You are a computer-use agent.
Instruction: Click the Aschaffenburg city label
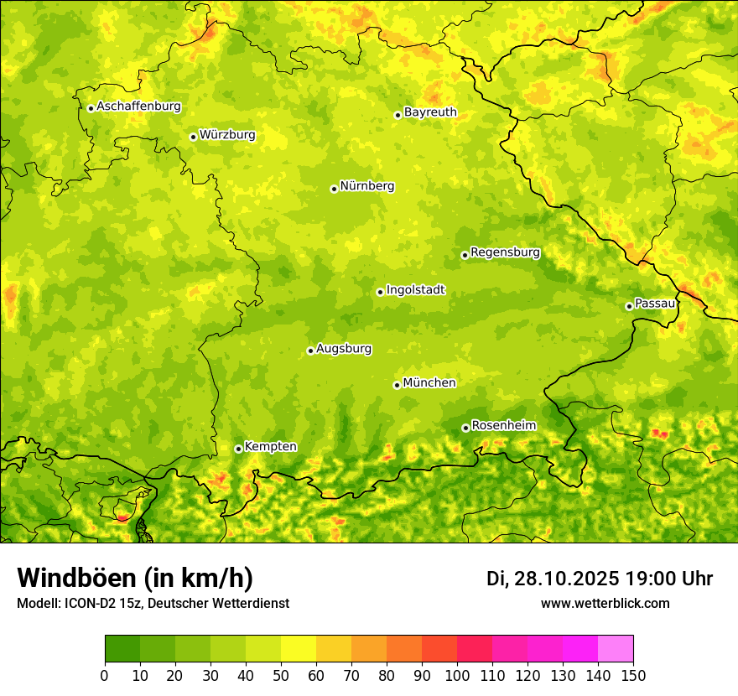click(138, 106)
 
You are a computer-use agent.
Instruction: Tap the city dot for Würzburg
click(193, 137)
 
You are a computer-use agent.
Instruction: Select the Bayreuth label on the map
click(430, 112)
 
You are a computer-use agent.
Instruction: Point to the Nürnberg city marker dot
click(334, 189)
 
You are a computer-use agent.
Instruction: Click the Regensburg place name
click(505, 252)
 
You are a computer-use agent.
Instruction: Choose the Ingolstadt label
click(415, 290)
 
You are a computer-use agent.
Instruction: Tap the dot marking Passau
click(629, 306)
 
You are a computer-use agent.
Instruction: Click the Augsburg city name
click(344, 349)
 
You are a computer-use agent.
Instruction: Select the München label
click(429, 383)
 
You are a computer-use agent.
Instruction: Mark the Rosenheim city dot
click(465, 428)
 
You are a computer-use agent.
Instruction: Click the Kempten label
click(270, 447)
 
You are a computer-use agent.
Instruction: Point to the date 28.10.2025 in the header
click(564, 579)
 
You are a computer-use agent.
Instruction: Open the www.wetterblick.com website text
click(605, 604)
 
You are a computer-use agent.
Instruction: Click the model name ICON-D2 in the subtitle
click(93, 604)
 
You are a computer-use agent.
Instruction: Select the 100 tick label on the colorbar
click(457, 675)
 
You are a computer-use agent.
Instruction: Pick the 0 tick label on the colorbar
click(105, 675)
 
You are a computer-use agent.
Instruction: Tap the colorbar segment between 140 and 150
click(616, 648)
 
